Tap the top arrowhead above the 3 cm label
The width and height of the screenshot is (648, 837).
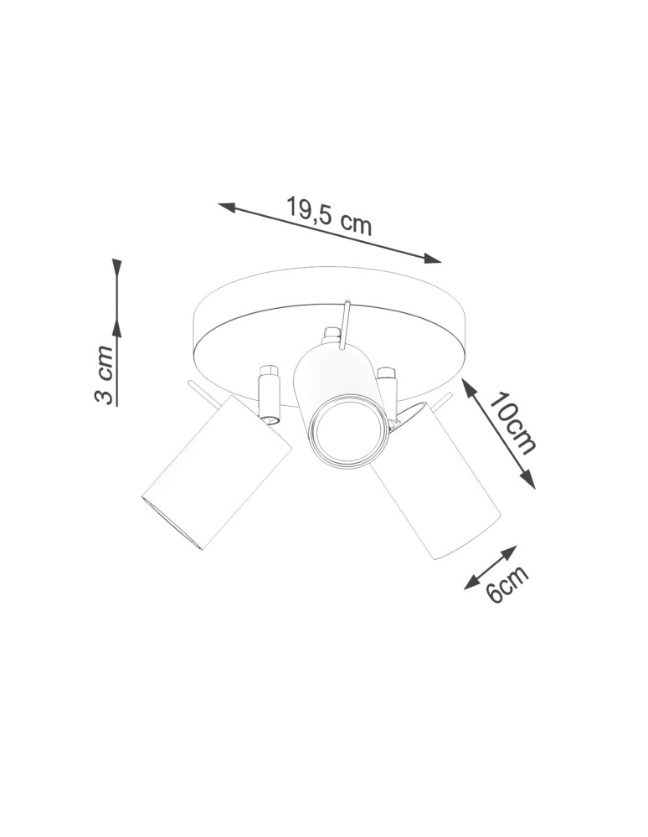117,268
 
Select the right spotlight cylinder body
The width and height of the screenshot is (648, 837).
435,485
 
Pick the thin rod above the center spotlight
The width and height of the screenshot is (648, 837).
344,321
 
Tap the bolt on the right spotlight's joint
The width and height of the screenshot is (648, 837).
386,372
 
